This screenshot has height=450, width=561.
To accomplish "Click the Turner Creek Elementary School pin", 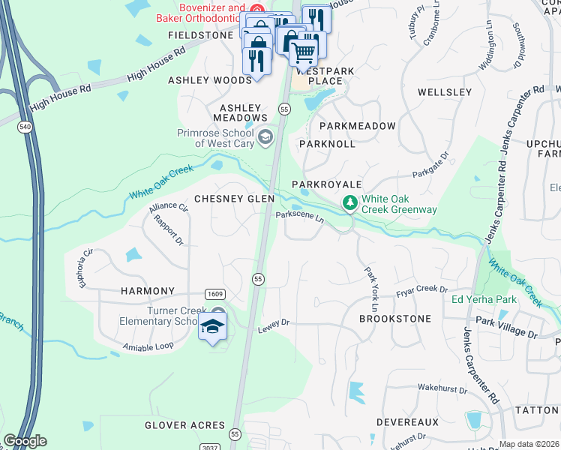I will [212, 328].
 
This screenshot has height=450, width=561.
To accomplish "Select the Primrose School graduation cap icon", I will [265, 136].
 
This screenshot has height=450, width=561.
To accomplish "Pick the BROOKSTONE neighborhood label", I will [395, 319].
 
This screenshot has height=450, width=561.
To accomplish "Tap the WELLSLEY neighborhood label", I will [444, 92].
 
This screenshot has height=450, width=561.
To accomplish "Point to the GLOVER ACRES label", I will [185, 425].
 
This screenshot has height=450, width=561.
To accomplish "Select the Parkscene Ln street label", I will [299, 217].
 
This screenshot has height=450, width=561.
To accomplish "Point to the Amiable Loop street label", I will [148, 346].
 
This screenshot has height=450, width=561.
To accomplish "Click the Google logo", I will [25, 441].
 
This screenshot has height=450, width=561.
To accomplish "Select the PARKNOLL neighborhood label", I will [327, 143].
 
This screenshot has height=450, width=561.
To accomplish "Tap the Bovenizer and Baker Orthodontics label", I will [201, 13].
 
